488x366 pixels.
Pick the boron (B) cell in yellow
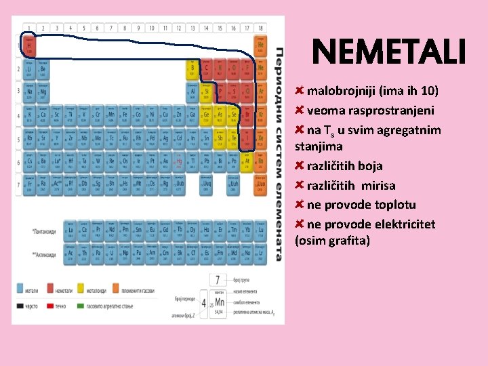click(x=192, y=68)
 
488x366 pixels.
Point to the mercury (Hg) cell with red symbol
click(x=179, y=161)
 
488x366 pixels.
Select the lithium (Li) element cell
click(x=29, y=68)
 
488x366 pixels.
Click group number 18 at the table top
click(x=260, y=28)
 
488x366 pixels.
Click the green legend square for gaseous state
click(x=81, y=306)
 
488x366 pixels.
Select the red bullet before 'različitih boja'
click(x=300, y=165)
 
